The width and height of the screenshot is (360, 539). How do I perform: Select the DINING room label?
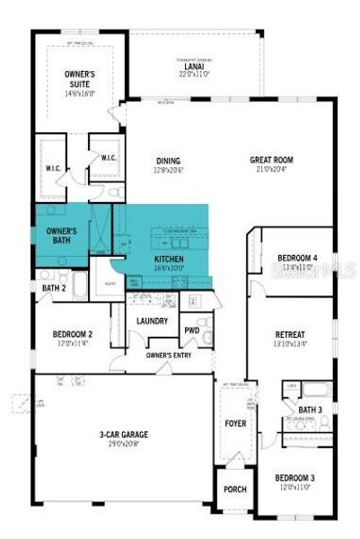167,160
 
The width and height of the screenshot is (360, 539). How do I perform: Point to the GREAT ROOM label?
271,160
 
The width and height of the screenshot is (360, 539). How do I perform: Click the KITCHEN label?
168,258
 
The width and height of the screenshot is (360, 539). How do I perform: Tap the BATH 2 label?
53,287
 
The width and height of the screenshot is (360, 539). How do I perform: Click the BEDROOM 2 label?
74,333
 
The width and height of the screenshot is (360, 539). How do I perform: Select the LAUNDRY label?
153,321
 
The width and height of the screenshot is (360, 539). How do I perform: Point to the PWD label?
191,330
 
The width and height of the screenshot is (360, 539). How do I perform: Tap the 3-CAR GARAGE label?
123,435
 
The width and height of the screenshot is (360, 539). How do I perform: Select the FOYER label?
235,422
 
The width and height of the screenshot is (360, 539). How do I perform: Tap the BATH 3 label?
311,410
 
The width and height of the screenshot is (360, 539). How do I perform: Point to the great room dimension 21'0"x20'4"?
271,169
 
